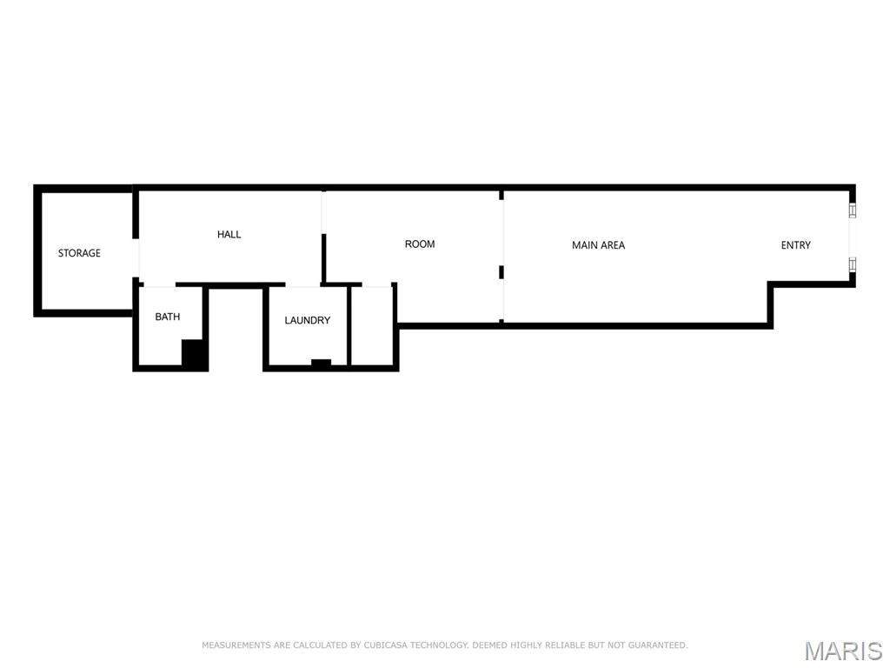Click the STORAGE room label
[x=79, y=253]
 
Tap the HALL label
[x=229, y=234]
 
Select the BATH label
[x=168, y=317]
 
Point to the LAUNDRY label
[x=307, y=320]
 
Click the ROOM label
[x=420, y=244]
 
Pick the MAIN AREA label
[x=598, y=244]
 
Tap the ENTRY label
[x=796, y=244]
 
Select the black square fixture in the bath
[x=193, y=354]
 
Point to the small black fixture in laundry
[x=322, y=363]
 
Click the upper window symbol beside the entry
[x=852, y=210]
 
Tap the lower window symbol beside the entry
[x=852, y=264]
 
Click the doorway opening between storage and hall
[x=136, y=257]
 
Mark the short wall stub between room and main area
[x=501, y=272]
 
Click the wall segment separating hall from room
[x=323, y=257]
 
